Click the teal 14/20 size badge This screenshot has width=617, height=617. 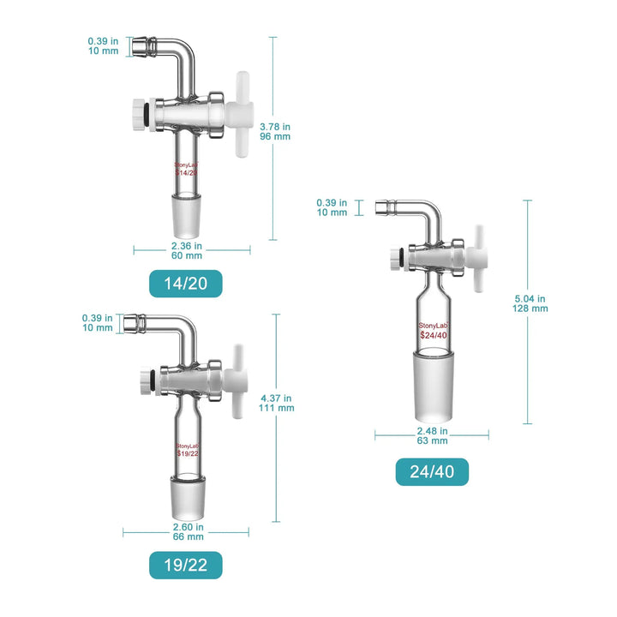185,284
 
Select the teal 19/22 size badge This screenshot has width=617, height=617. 185,565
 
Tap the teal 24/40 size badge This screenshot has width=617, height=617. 432,471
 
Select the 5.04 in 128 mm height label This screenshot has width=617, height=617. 530,303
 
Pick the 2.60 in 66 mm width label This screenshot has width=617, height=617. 188,532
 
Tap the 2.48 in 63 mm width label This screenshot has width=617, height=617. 432,435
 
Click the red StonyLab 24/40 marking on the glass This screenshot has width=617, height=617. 432,330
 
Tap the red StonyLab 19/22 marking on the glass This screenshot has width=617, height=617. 187,451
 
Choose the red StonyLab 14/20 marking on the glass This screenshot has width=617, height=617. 187,168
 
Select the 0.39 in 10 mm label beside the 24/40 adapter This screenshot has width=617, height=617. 332,207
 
